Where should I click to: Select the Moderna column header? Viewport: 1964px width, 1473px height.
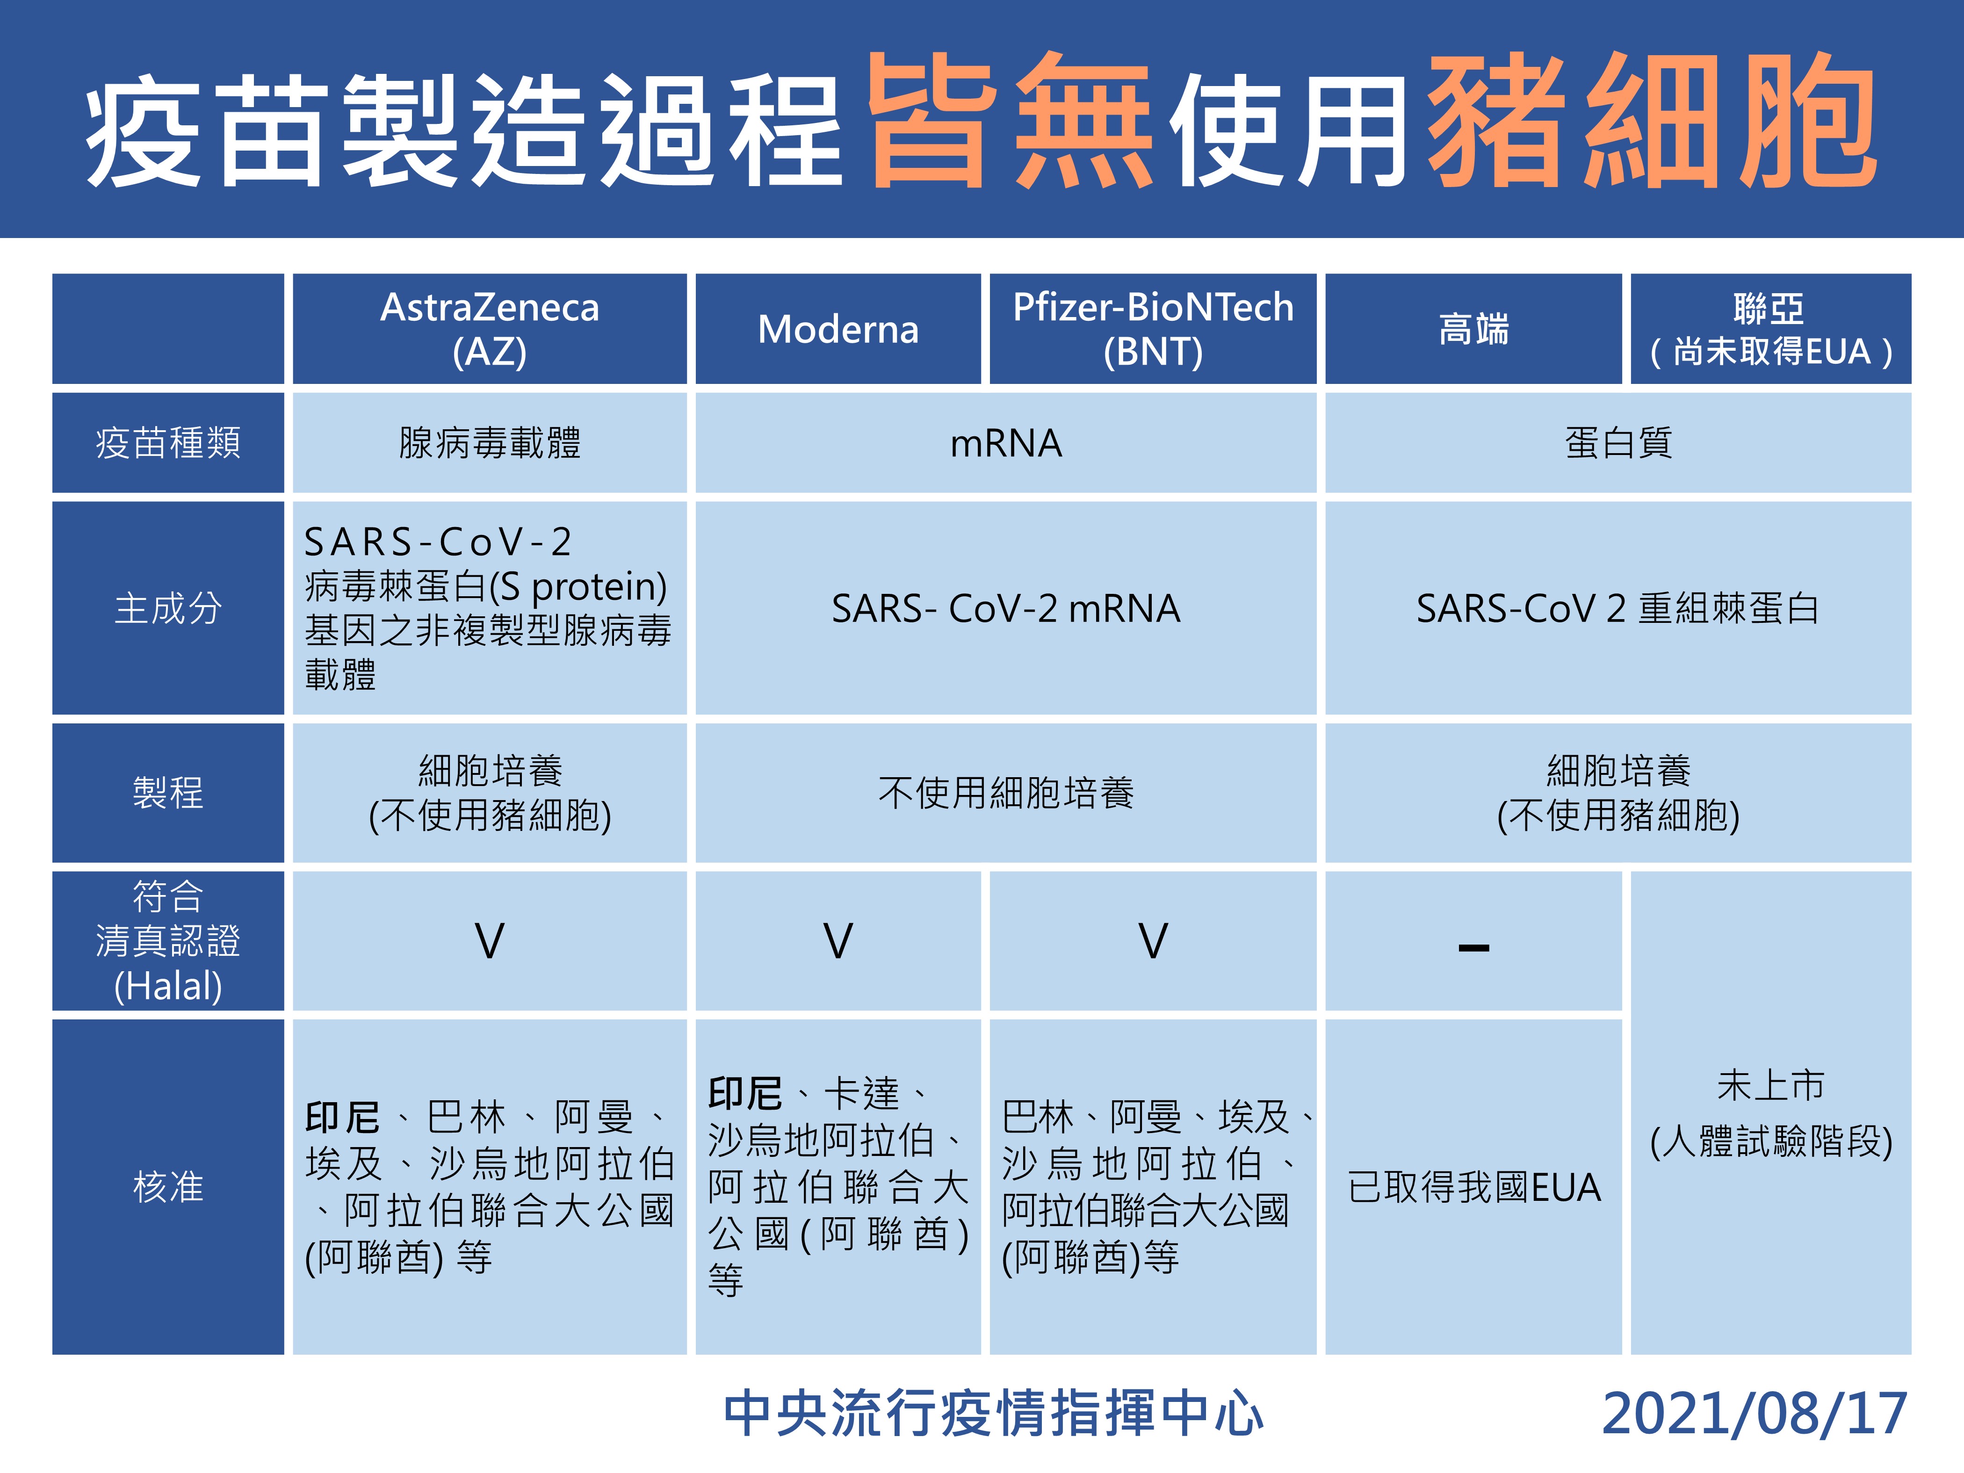pyautogui.click(x=838, y=329)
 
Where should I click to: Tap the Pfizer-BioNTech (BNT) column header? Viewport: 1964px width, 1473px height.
pyautogui.click(x=1153, y=329)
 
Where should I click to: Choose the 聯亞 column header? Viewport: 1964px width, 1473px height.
pyautogui.click(x=1770, y=329)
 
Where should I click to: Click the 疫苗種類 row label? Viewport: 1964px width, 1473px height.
pyautogui.click(x=168, y=442)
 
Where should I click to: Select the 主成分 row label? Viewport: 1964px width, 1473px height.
pyautogui.click(x=168, y=608)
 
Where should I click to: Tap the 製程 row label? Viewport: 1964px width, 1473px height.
pyautogui.click(x=168, y=792)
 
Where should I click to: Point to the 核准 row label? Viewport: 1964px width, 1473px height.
pyautogui.click(x=168, y=1186)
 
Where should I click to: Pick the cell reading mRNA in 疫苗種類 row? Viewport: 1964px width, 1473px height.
pyautogui.click(x=1006, y=442)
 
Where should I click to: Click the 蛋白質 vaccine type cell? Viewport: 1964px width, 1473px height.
pyautogui.click(x=1617, y=442)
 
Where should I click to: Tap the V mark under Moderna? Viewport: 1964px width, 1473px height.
pyautogui.click(x=838, y=941)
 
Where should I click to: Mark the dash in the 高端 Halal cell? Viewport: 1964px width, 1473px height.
pyautogui.click(x=1474, y=948)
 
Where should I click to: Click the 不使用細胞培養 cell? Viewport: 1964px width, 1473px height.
pyautogui.click(x=1006, y=792)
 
